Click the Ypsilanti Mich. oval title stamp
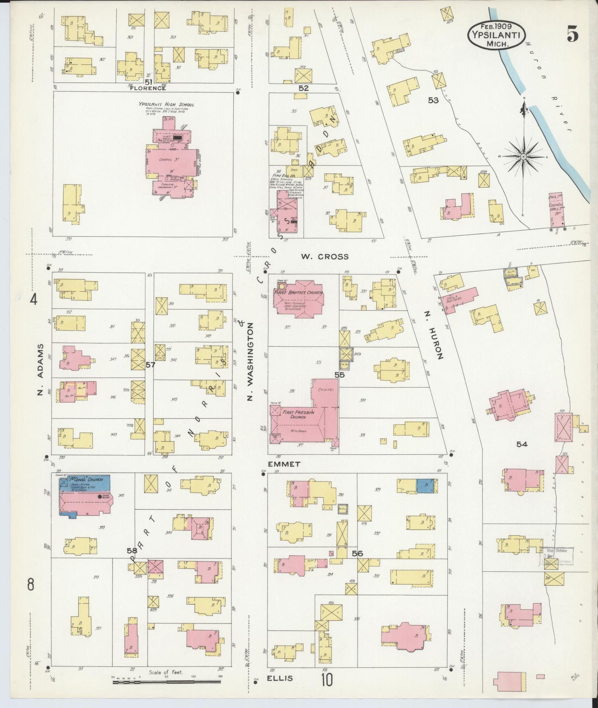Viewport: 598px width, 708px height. pyautogui.click(x=497, y=34)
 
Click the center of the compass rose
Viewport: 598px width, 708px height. pyautogui.click(x=524, y=157)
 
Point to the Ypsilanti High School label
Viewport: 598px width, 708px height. pyautogui.click(x=166, y=105)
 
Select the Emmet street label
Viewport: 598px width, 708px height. pyautogui.click(x=283, y=464)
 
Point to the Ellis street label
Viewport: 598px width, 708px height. pyautogui.click(x=280, y=678)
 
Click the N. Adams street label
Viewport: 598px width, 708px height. pyautogui.click(x=40, y=369)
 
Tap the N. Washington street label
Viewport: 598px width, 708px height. pyautogui.click(x=250, y=363)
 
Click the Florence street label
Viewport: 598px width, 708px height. pyautogui.click(x=148, y=88)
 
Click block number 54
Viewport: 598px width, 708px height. pyautogui.click(x=521, y=444)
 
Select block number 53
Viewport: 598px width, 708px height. pyautogui.click(x=433, y=100)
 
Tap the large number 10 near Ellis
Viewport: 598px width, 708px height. pyautogui.click(x=327, y=679)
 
